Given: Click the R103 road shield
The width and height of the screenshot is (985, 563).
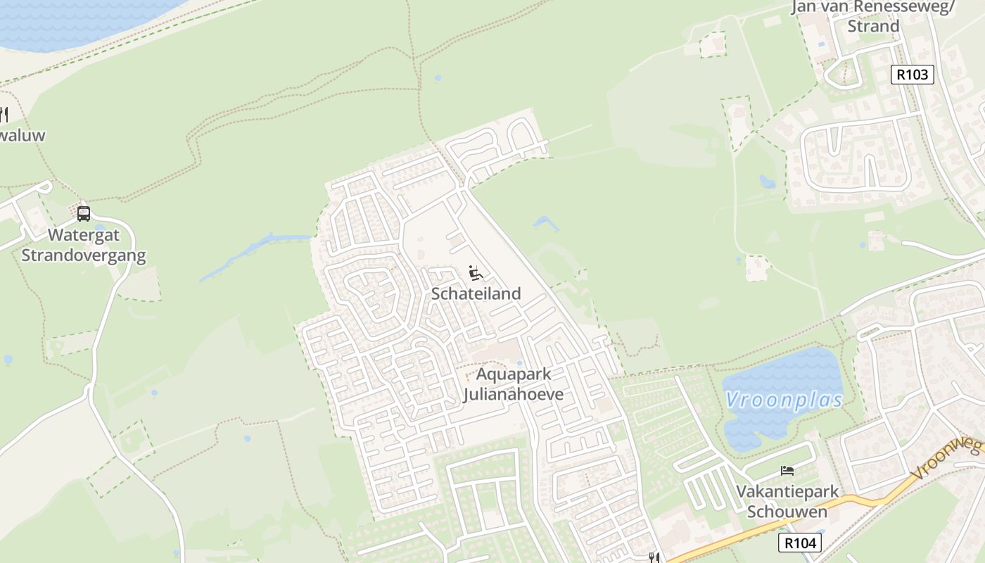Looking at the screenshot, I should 912,75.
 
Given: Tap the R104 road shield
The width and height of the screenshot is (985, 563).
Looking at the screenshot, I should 799,543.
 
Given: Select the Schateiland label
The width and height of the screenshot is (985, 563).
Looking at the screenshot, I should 476,293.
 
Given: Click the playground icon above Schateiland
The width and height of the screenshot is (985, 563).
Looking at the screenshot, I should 476,272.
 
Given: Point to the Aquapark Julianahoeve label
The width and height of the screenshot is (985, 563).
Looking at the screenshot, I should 514,384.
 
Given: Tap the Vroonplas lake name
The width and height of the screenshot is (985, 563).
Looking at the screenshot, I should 784,400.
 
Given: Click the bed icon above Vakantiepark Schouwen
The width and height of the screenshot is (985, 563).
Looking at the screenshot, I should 787,470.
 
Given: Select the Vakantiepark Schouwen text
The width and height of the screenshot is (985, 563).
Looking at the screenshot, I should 787,501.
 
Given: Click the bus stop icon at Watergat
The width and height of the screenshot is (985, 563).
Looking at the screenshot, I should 83,214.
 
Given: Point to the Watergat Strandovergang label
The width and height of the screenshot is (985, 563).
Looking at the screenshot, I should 83,244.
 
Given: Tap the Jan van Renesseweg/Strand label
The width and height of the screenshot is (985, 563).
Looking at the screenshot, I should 873,16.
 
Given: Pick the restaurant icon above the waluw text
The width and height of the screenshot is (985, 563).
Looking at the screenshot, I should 4,115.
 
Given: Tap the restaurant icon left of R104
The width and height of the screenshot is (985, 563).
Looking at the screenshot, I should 654,557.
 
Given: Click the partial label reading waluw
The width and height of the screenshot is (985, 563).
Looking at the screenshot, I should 23,135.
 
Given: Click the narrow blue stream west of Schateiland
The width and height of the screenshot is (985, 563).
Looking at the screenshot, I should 253,253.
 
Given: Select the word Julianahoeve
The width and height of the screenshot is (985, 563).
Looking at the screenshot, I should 514,394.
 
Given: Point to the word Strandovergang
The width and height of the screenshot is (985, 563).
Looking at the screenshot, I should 83,255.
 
